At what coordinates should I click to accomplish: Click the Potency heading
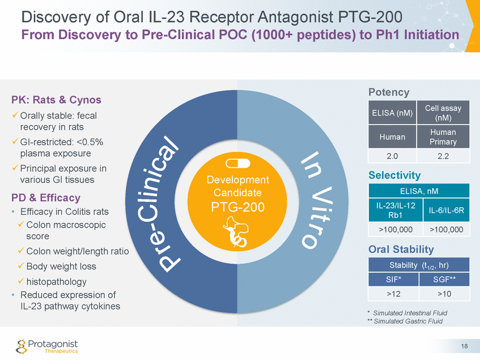[389, 92]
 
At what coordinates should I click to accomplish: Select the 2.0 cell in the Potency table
[392, 155]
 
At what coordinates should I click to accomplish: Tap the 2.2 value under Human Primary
[443, 155]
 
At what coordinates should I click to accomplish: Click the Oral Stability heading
[401, 249]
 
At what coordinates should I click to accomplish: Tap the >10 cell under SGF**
[444, 294]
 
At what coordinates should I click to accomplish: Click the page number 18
[464, 346]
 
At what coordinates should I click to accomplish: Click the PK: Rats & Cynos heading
[56, 100]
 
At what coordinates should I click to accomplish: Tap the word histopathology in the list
[56, 282]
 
